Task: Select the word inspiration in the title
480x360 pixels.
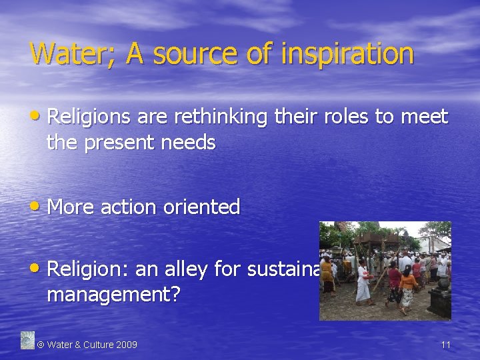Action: [346, 53]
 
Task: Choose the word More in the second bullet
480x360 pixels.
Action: [71, 207]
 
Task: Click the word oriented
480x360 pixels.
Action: [204, 207]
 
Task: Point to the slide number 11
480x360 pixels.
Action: [445, 345]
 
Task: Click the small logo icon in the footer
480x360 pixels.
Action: [27, 340]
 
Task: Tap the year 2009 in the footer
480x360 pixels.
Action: [126, 345]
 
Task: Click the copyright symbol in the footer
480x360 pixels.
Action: [40, 345]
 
